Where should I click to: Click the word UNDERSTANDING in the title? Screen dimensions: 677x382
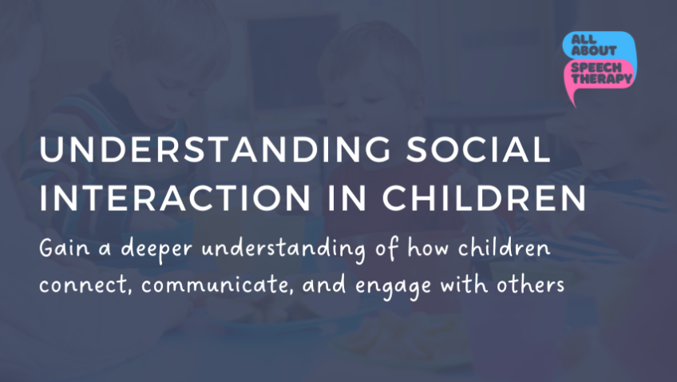215,149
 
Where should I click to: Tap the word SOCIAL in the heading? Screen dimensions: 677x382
478,149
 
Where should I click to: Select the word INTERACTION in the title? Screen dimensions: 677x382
175,198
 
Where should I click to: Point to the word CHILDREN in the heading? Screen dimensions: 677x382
484,198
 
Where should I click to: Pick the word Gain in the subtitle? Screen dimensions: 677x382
65,248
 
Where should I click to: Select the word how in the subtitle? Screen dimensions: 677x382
428,248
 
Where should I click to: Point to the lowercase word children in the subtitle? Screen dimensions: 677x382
505,248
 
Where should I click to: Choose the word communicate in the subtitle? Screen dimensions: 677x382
218,285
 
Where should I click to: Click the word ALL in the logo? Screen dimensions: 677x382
584,40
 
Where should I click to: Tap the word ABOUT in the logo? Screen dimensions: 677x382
594,50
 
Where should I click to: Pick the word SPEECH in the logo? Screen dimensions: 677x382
596,67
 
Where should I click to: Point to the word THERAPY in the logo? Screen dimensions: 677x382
602,78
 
